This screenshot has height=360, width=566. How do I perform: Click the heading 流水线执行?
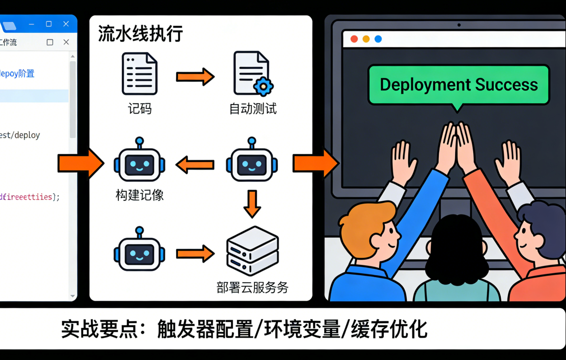[140, 34]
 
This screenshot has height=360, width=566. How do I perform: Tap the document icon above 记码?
[139, 74]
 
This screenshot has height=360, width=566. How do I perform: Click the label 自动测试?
[253, 109]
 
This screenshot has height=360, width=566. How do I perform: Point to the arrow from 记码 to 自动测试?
[195, 77]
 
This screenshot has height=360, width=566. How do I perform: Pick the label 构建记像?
[140, 195]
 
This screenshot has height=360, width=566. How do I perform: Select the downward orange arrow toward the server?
[252, 203]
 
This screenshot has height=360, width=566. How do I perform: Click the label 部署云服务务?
[252, 288]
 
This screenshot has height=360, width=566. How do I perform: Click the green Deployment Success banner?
[458, 85]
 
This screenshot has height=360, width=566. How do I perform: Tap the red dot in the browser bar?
[354, 39]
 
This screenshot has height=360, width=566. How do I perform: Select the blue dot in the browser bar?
[378, 39]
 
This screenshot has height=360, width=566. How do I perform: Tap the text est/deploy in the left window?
[20, 135]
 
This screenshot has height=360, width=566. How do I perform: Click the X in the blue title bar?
[66, 24]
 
